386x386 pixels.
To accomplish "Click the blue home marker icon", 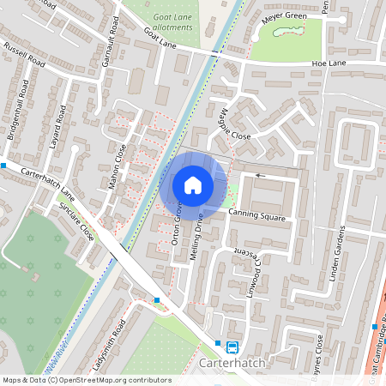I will coord(193,184).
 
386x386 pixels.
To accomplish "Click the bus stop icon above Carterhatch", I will coord(232,347).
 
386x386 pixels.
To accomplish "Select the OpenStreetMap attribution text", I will coord(87,380).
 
